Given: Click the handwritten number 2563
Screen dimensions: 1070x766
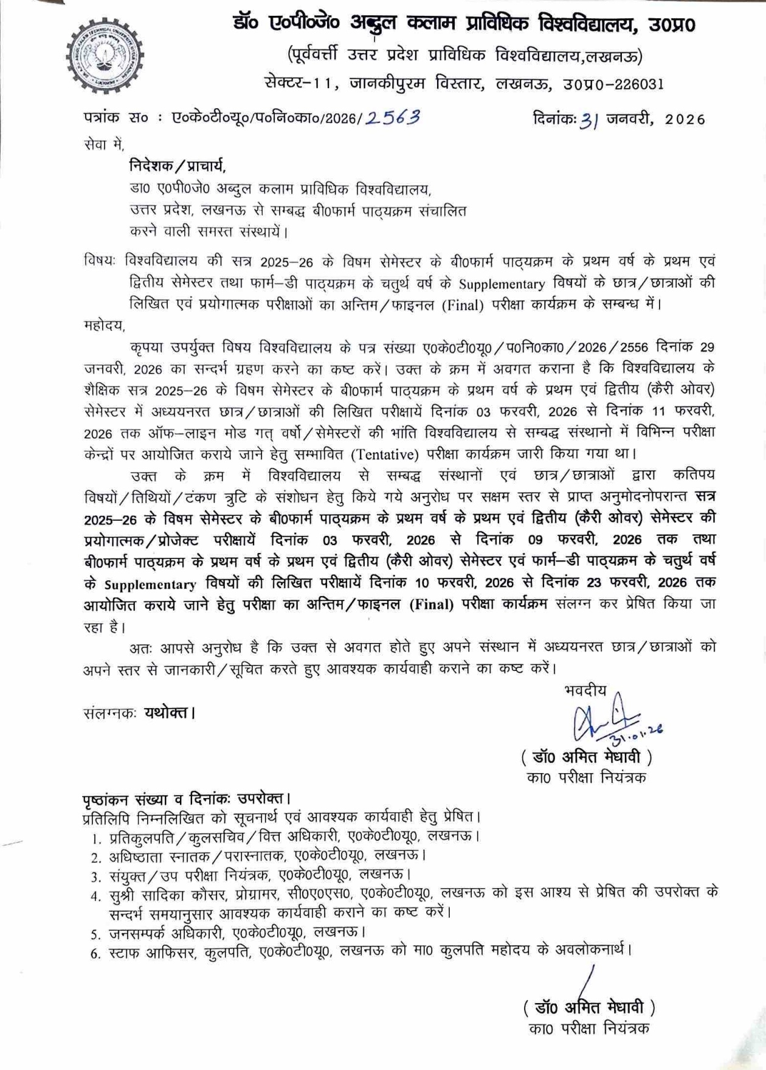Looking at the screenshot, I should point(393,117).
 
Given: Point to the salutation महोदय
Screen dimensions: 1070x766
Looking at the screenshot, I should point(104,325).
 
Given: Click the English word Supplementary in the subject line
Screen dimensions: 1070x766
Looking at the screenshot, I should point(502,284).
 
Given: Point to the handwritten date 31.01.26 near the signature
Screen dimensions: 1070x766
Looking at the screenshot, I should point(638,736).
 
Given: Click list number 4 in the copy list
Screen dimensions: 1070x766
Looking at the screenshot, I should point(95,896).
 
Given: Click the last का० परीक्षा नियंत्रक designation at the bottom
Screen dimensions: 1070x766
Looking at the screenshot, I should point(588,1029).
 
